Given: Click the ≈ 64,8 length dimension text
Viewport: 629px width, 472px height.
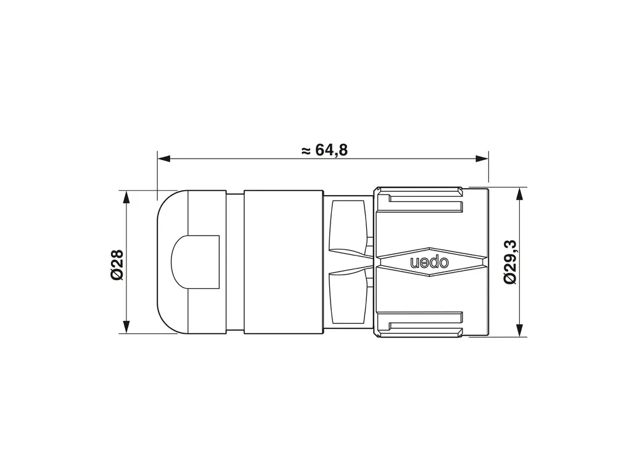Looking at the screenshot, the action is click(324, 150).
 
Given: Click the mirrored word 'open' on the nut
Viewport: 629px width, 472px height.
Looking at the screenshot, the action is click(429, 262).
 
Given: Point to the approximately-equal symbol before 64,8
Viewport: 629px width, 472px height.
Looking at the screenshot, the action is click(306, 151).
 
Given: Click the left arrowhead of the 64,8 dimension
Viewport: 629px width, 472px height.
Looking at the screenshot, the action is click(164, 159).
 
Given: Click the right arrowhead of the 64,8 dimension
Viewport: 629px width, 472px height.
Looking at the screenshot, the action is click(482, 159).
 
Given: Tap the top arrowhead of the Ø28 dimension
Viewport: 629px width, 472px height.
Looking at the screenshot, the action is click(127, 197).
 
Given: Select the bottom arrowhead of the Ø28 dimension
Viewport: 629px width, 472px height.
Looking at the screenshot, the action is click(127, 326).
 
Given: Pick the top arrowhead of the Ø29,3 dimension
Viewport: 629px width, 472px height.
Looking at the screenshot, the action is click(520, 194).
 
